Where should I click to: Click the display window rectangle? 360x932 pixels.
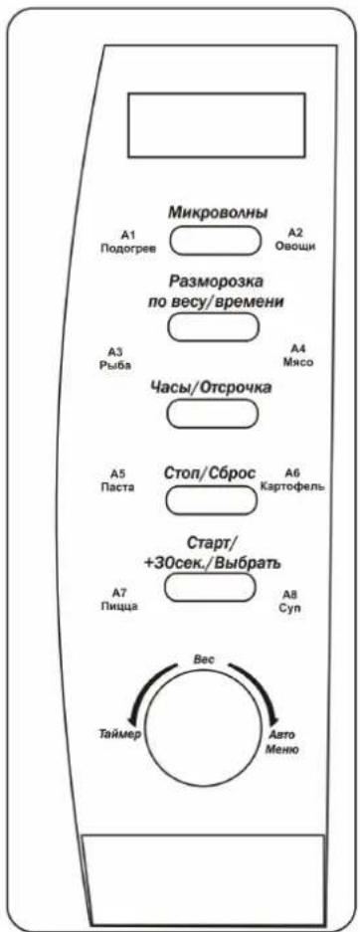click(216, 124)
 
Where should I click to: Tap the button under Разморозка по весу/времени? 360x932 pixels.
click(213, 326)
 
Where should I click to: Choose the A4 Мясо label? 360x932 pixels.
click(297, 355)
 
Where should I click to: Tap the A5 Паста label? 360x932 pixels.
click(117, 480)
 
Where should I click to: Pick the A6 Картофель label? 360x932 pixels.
click(291, 479)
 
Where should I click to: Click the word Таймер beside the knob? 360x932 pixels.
click(118, 734)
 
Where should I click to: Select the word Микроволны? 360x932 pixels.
click(217, 214)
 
